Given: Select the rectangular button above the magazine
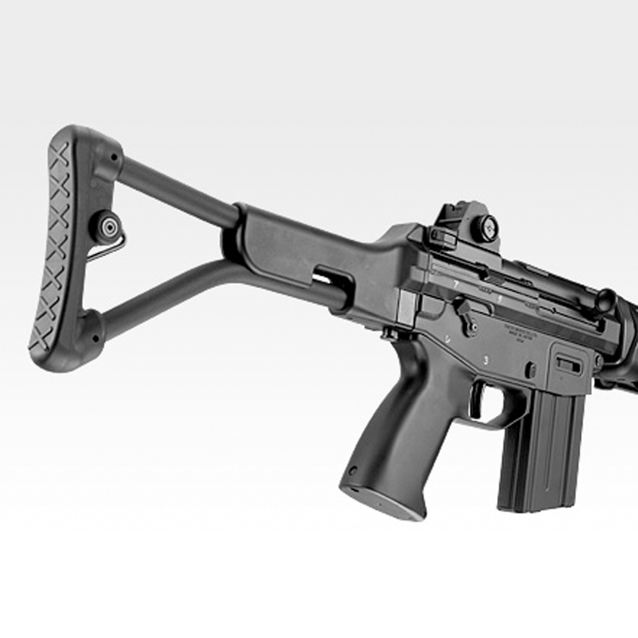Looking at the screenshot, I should click(x=568, y=364).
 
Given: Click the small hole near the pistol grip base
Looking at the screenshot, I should click(x=353, y=471).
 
